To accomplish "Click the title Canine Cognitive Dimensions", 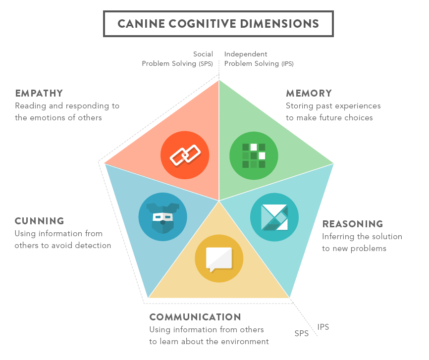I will click(218, 23).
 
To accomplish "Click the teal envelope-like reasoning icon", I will click(274, 217).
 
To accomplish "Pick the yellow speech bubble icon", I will click(219, 258).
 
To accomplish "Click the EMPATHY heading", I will click(39, 93).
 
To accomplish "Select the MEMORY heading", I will click(309, 93).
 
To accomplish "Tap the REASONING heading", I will click(353, 224).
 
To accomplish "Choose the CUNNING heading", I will click(40, 221).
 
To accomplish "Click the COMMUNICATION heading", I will click(195, 317).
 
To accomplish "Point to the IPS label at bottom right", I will click(323, 327).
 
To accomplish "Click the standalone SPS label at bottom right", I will click(302, 334).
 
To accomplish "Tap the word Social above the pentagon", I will click(203, 54).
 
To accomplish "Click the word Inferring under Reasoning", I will click(337, 236).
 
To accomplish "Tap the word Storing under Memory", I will click(299, 105).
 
